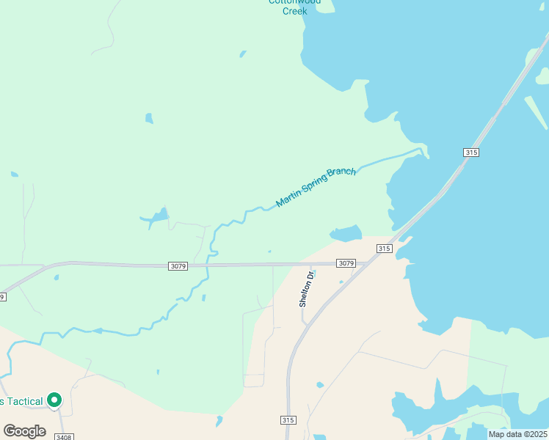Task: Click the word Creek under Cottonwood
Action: (x=294, y=11)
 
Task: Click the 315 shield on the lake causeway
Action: (x=471, y=152)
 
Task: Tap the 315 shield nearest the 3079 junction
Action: (x=384, y=249)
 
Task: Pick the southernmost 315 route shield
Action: (x=288, y=419)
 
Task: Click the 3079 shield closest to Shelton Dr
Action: (x=346, y=263)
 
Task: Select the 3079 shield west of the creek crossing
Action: (x=178, y=265)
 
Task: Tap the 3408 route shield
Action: (x=64, y=437)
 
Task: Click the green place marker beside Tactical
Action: (x=54, y=400)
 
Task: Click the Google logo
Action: (x=24, y=430)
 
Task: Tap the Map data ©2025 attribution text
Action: (x=517, y=434)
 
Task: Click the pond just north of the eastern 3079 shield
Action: (x=346, y=234)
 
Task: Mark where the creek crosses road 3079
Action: (x=208, y=265)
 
